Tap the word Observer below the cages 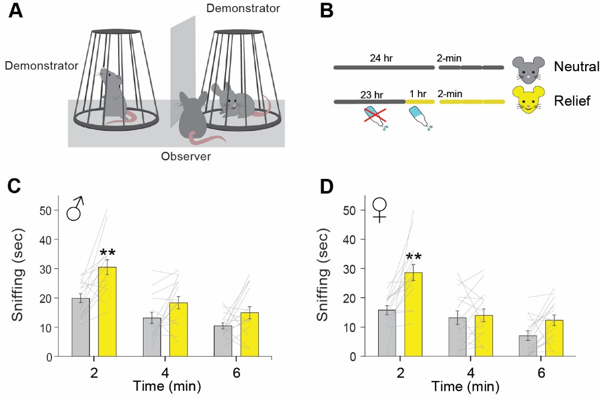pos(186,157)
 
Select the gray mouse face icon pos(525,67)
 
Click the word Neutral pos(576,67)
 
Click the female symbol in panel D pos(380,210)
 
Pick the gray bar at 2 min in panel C pos(81,327)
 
